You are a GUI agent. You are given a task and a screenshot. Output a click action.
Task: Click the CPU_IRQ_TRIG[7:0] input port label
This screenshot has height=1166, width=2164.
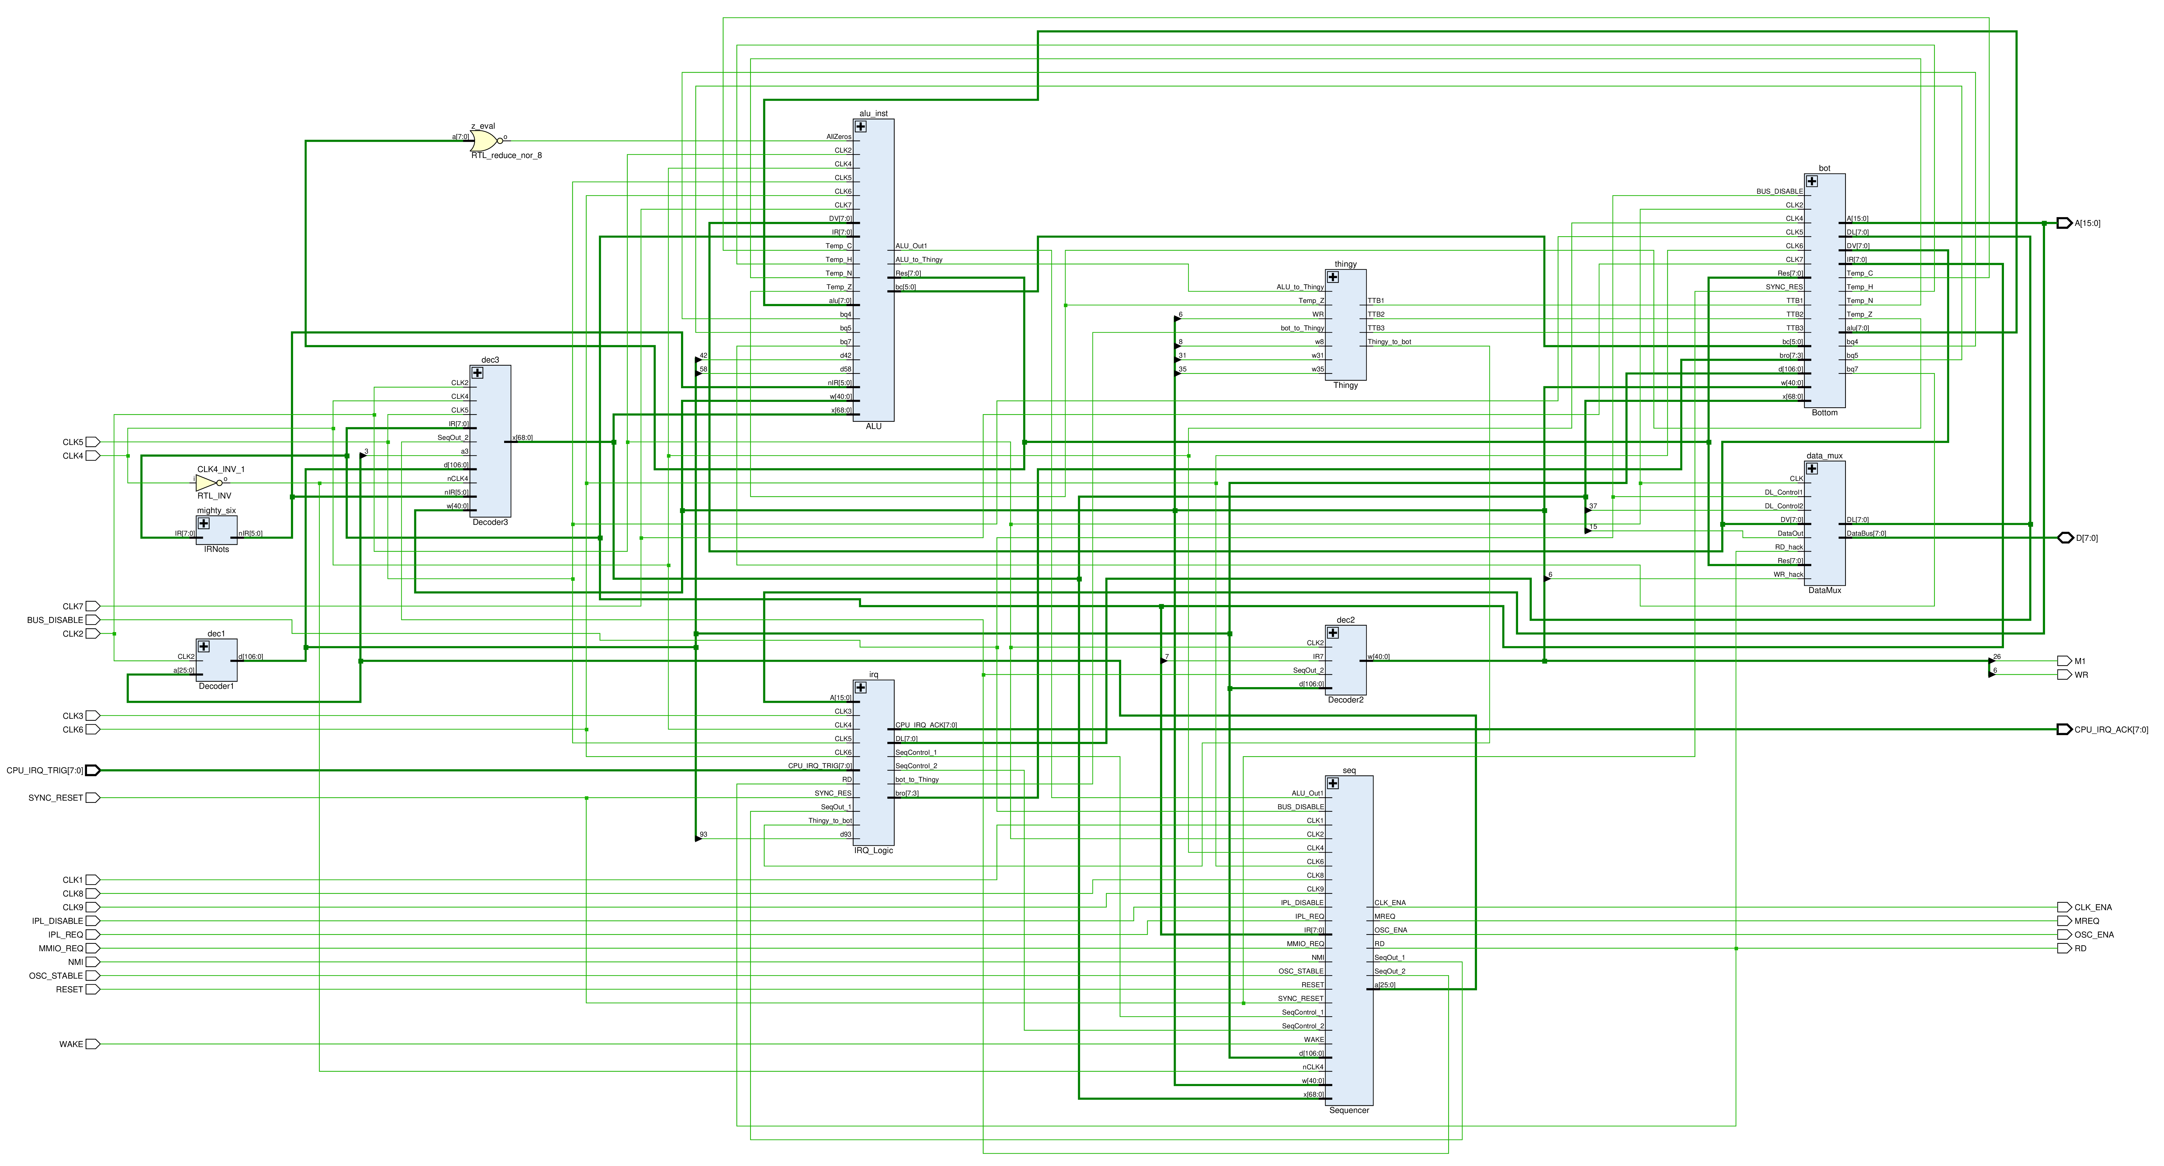pyautogui.click(x=45, y=770)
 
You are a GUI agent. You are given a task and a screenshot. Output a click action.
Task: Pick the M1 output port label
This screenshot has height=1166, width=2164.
pyautogui.click(x=2080, y=661)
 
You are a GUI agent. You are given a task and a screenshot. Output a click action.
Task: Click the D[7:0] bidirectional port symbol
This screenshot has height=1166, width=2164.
pyautogui.click(x=2065, y=538)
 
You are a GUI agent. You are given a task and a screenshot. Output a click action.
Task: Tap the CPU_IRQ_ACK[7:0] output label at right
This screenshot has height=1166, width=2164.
pyautogui.click(x=2111, y=729)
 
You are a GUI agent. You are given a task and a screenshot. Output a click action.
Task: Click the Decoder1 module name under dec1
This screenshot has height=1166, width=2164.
pyautogui.click(x=217, y=686)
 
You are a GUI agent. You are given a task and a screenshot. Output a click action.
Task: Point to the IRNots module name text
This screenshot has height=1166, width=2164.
pyautogui.click(x=217, y=549)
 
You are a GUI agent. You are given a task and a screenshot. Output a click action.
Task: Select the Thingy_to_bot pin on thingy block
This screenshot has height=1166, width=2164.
pyautogui.click(x=1389, y=342)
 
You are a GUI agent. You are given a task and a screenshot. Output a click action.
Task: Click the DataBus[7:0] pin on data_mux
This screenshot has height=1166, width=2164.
pyautogui.click(x=1866, y=533)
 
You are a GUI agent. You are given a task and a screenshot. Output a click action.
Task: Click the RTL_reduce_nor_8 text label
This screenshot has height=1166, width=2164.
pyautogui.click(x=507, y=155)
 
